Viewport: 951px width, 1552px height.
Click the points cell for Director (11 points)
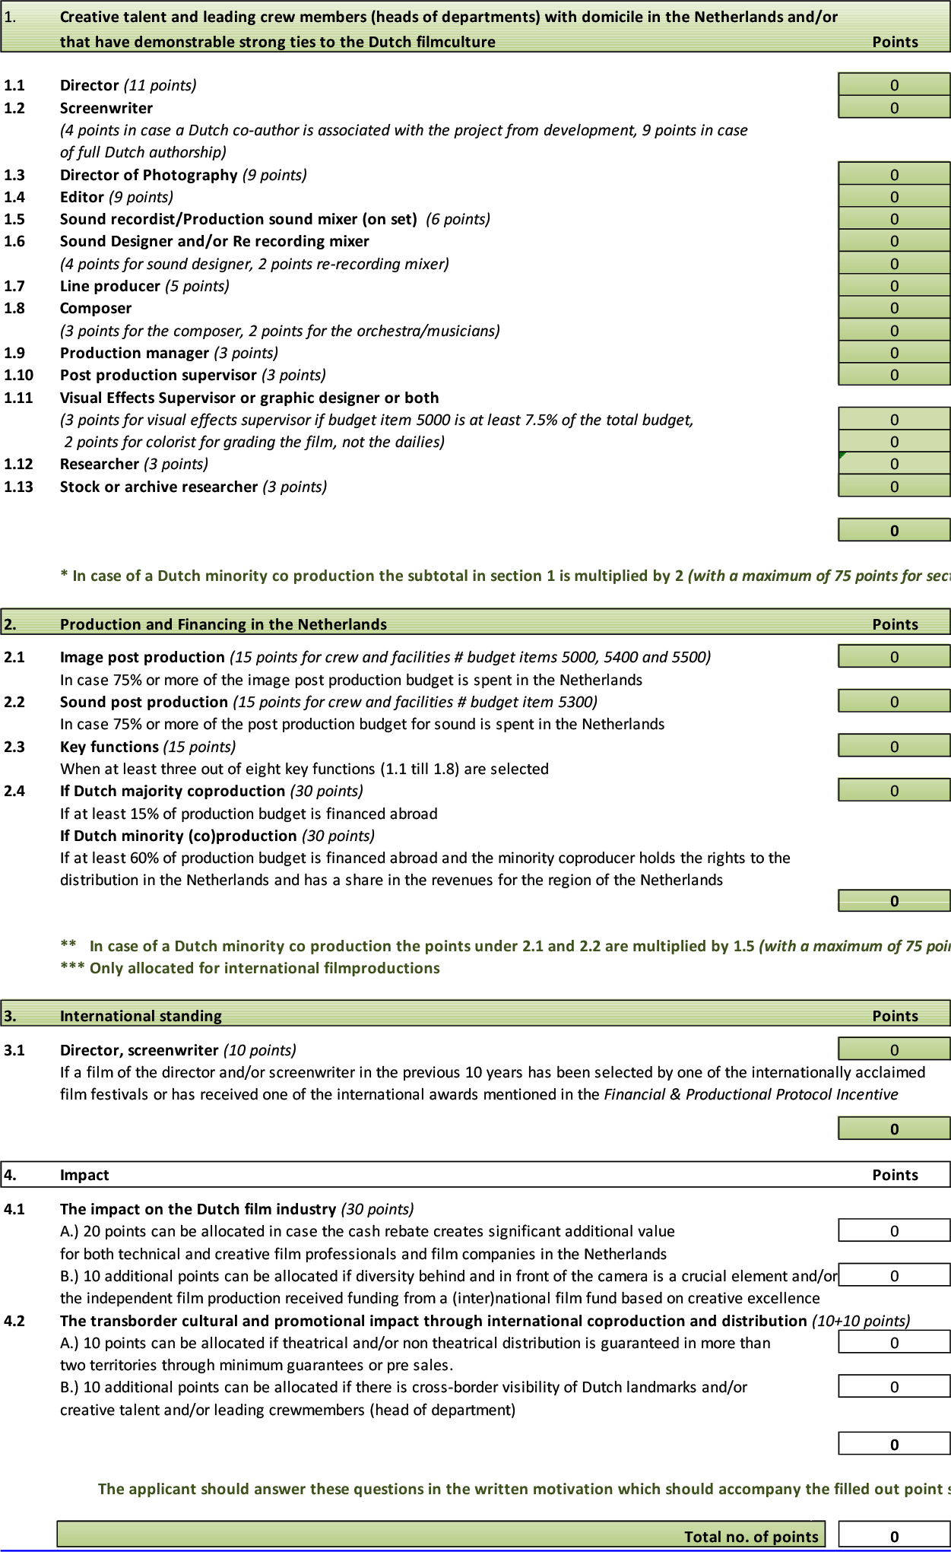tap(894, 85)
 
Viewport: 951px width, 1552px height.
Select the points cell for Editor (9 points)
tap(894, 197)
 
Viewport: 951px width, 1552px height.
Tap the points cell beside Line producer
tap(894, 286)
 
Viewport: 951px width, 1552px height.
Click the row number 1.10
tap(18, 375)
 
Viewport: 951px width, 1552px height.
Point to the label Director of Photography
tap(148, 175)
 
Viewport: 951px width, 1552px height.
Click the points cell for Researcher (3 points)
tap(894, 464)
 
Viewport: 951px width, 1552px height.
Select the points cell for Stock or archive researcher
tap(894, 487)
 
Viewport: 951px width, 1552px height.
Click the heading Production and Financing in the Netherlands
tap(223, 624)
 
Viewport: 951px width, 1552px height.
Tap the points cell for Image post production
tap(894, 657)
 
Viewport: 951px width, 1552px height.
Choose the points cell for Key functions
tap(894, 747)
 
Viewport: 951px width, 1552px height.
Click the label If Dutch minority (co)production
tap(178, 836)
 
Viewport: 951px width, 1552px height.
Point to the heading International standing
tap(141, 1016)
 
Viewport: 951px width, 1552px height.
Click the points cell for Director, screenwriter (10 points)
tap(894, 1050)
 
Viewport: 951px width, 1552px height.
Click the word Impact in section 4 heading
tap(84, 1175)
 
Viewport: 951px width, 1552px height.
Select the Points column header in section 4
tap(895, 1175)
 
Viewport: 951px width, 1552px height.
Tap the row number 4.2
tap(14, 1321)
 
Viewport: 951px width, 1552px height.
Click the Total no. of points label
tap(751, 1536)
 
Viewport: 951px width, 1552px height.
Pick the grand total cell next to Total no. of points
tap(894, 1536)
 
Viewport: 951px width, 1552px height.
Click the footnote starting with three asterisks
tap(249, 968)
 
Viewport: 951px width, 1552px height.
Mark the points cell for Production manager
tap(894, 353)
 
